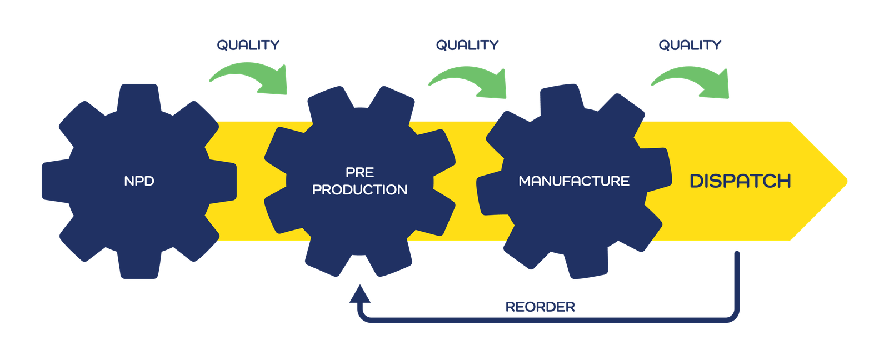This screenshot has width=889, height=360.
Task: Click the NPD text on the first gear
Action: [139, 181]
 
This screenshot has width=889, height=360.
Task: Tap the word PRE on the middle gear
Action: [359, 172]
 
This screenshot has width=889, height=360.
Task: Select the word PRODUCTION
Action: [359, 190]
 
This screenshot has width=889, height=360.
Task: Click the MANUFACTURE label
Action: [573, 181]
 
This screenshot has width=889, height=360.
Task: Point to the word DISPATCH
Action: [740, 181]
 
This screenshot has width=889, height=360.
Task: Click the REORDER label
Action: [540, 307]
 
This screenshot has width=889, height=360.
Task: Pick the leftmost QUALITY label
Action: [248, 44]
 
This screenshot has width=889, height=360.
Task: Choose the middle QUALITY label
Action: [467, 44]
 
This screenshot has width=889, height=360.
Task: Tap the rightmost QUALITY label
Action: [690, 44]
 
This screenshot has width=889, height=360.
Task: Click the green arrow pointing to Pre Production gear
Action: [253, 78]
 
